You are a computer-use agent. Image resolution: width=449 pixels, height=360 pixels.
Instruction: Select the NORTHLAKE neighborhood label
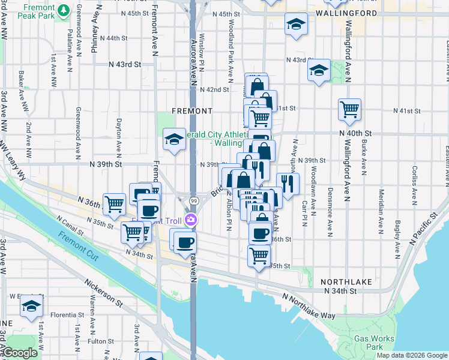tap(346, 281)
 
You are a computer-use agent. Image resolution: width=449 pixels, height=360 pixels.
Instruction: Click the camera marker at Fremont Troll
tap(191, 220)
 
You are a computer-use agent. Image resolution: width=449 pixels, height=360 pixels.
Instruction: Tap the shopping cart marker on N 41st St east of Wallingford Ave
tap(349, 109)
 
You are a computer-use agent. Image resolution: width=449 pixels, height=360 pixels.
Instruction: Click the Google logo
tap(19, 353)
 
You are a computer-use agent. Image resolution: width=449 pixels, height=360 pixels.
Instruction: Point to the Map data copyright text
tap(412, 355)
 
